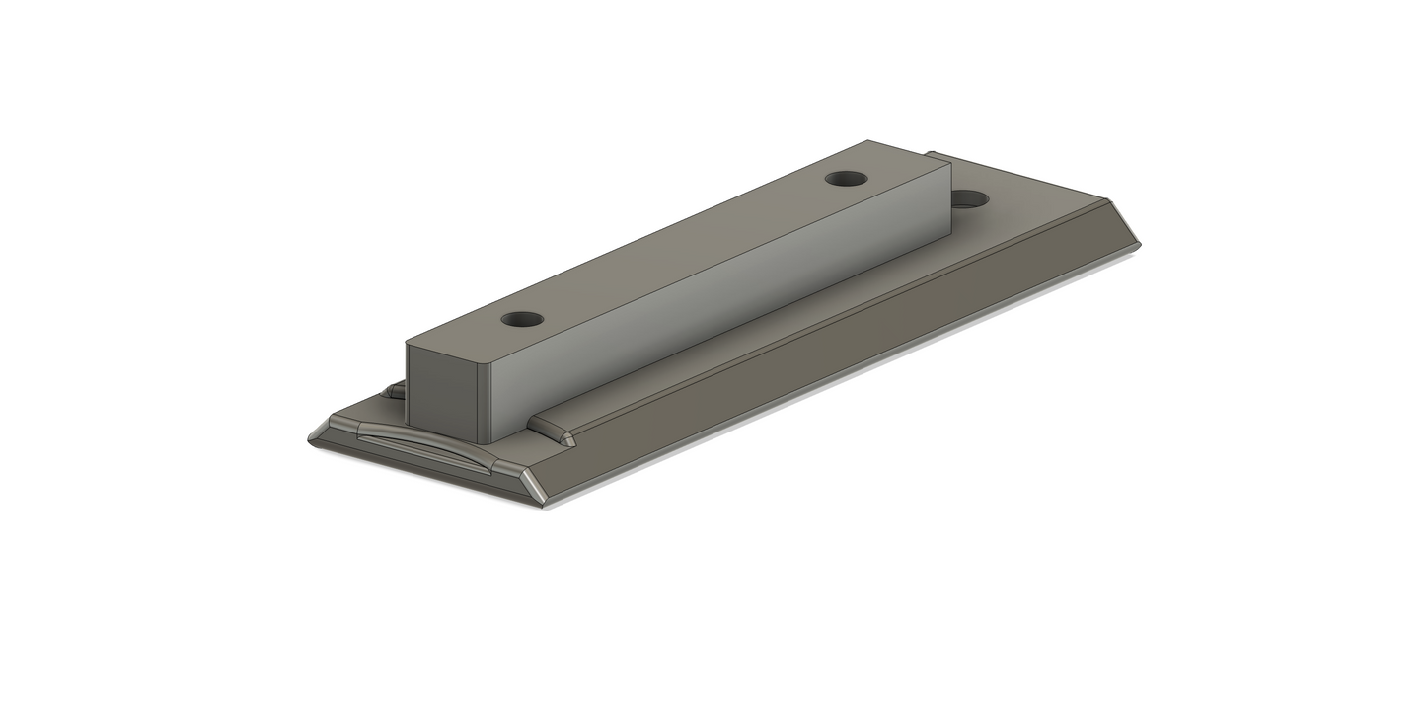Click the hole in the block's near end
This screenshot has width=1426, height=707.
[522, 320]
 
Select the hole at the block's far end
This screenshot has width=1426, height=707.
[846, 179]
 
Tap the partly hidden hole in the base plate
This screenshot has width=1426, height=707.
[971, 199]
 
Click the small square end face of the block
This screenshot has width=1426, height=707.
[442, 395]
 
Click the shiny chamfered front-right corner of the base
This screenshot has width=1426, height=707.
[532, 484]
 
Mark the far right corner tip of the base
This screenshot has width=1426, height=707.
[1139, 242]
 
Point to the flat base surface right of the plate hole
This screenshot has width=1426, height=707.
[1036, 212]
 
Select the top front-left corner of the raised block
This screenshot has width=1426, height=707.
[410, 343]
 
